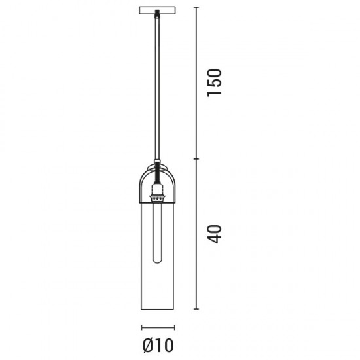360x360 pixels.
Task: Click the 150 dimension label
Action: point(214,82)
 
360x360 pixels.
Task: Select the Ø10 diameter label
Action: point(158,346)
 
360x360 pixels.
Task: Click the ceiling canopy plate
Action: point(158,10)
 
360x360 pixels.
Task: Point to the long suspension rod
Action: point(157,87)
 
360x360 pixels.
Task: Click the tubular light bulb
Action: point(157,232)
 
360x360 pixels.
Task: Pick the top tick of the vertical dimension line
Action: point(196,7)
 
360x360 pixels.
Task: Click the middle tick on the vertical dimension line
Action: point(196,159)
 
